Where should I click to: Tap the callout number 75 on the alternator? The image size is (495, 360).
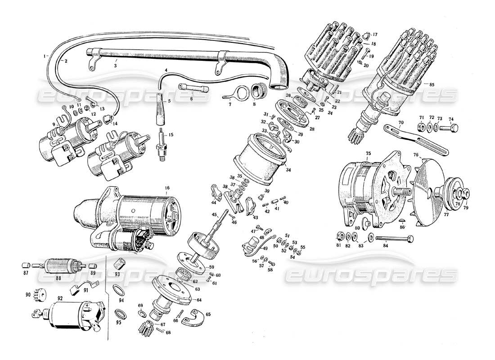[368, 153]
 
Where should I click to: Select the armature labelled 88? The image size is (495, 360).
[57, 266]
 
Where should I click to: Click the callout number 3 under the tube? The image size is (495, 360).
[115, 66]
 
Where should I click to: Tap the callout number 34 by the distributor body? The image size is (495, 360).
[288, 170]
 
